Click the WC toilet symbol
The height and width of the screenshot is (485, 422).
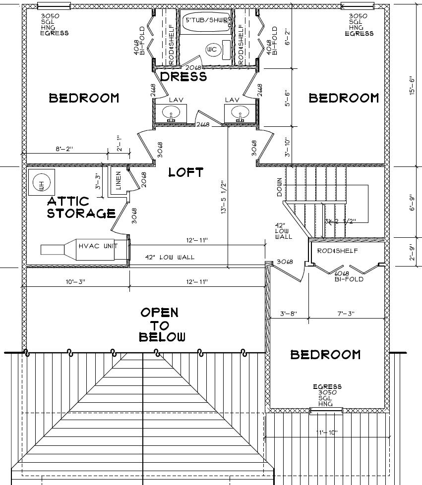(x=212, y=50)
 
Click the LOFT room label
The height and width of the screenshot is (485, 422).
(x=185, y=172)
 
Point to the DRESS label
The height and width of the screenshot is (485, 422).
(x=183, y=77)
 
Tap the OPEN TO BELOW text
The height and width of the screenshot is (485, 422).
(x=162, y=325)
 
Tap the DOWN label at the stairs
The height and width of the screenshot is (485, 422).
(x=280, y=187)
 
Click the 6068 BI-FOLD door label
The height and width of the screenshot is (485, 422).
(x=349, y=276)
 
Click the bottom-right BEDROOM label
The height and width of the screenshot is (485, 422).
(x=325, y=355)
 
